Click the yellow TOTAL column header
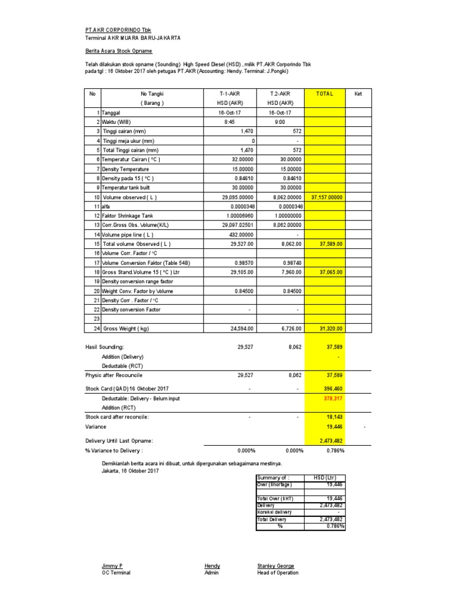325,94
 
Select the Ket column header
357,94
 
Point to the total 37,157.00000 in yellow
325,197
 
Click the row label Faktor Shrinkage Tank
128,216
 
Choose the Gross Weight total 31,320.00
328,328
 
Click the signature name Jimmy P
112,566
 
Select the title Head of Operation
277,573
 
